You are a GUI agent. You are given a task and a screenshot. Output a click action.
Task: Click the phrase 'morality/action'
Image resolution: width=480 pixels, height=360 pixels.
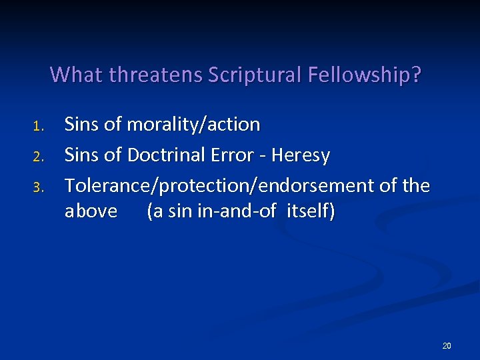(193, 124)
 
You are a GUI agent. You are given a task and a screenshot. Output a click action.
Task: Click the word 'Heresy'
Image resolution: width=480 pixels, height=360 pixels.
(302, 155)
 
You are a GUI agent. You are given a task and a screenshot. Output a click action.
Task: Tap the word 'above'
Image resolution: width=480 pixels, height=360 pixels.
(91, 211)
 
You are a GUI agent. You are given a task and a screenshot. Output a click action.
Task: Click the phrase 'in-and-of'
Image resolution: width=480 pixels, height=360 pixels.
(247, 211)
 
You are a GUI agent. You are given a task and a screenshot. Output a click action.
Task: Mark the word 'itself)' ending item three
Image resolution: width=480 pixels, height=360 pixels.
(311, 211)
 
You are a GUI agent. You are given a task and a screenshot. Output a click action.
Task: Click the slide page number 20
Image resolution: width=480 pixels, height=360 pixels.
(447, 345)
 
